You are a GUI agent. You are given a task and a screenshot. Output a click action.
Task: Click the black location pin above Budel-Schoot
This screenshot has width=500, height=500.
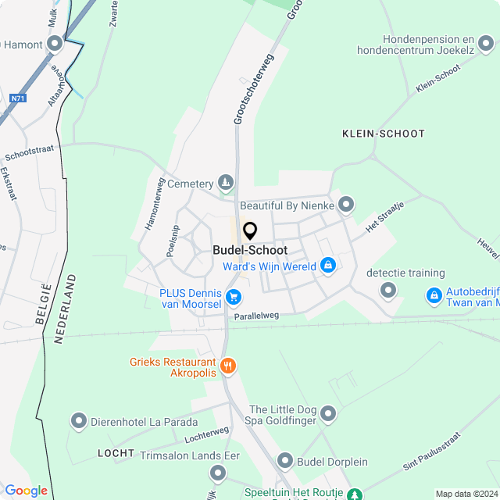250,231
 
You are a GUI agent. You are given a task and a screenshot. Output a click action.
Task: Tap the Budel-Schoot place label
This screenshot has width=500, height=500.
250,251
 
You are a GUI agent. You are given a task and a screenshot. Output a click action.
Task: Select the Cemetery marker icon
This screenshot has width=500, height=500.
226,184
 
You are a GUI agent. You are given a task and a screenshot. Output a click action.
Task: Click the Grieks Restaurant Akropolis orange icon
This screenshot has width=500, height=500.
228,365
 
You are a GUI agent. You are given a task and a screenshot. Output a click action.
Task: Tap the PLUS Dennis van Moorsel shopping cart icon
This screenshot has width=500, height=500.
233,296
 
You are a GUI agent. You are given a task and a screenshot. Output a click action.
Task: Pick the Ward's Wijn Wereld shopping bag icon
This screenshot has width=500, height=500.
328,266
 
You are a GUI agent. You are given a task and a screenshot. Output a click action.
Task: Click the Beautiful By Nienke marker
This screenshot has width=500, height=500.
347,205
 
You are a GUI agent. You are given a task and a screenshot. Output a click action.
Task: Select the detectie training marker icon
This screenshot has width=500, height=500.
388,291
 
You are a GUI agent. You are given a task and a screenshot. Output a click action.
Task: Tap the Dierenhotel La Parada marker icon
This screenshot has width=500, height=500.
79,422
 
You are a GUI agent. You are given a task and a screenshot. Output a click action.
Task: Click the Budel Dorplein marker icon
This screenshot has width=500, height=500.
284,462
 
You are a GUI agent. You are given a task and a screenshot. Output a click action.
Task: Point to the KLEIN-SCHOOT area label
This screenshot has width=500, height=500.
384,134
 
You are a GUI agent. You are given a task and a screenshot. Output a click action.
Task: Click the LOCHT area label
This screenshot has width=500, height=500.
111,453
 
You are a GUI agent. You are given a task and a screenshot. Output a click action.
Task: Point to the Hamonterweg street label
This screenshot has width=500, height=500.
153,203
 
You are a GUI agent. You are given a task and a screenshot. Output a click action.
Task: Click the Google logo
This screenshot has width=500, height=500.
26,491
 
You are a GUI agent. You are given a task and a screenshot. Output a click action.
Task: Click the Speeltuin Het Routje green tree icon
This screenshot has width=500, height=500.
355,495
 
